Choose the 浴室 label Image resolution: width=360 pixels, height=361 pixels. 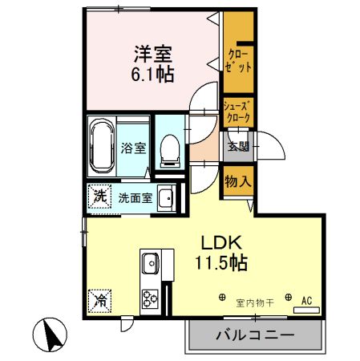(132, 148)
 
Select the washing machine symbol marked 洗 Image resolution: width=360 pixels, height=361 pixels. (99, 196)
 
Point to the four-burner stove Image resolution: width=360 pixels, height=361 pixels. (151, 298)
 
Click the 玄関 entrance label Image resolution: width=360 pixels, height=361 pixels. (237, 148)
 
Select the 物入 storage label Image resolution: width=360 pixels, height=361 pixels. (238, 180)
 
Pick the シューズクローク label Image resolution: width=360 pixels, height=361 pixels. (237, 111)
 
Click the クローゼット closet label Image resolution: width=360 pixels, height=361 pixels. (239, 61)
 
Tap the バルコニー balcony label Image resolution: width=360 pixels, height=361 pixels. (253, 335)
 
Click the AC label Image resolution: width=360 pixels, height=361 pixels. (305, 302)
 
